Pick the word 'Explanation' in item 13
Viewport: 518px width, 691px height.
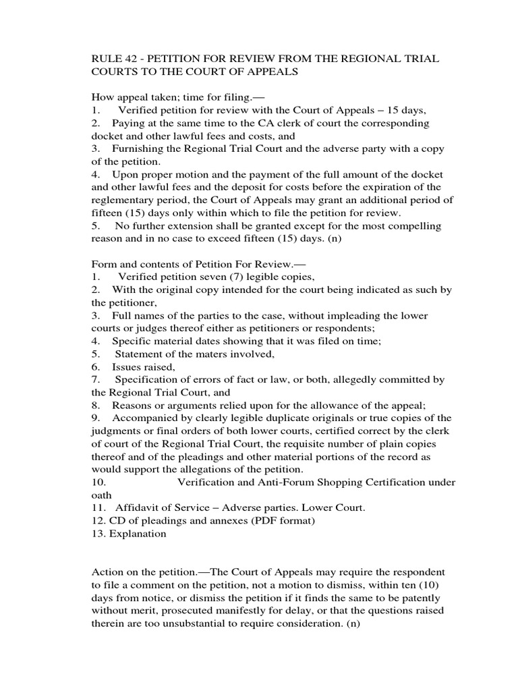coord(139,534)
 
